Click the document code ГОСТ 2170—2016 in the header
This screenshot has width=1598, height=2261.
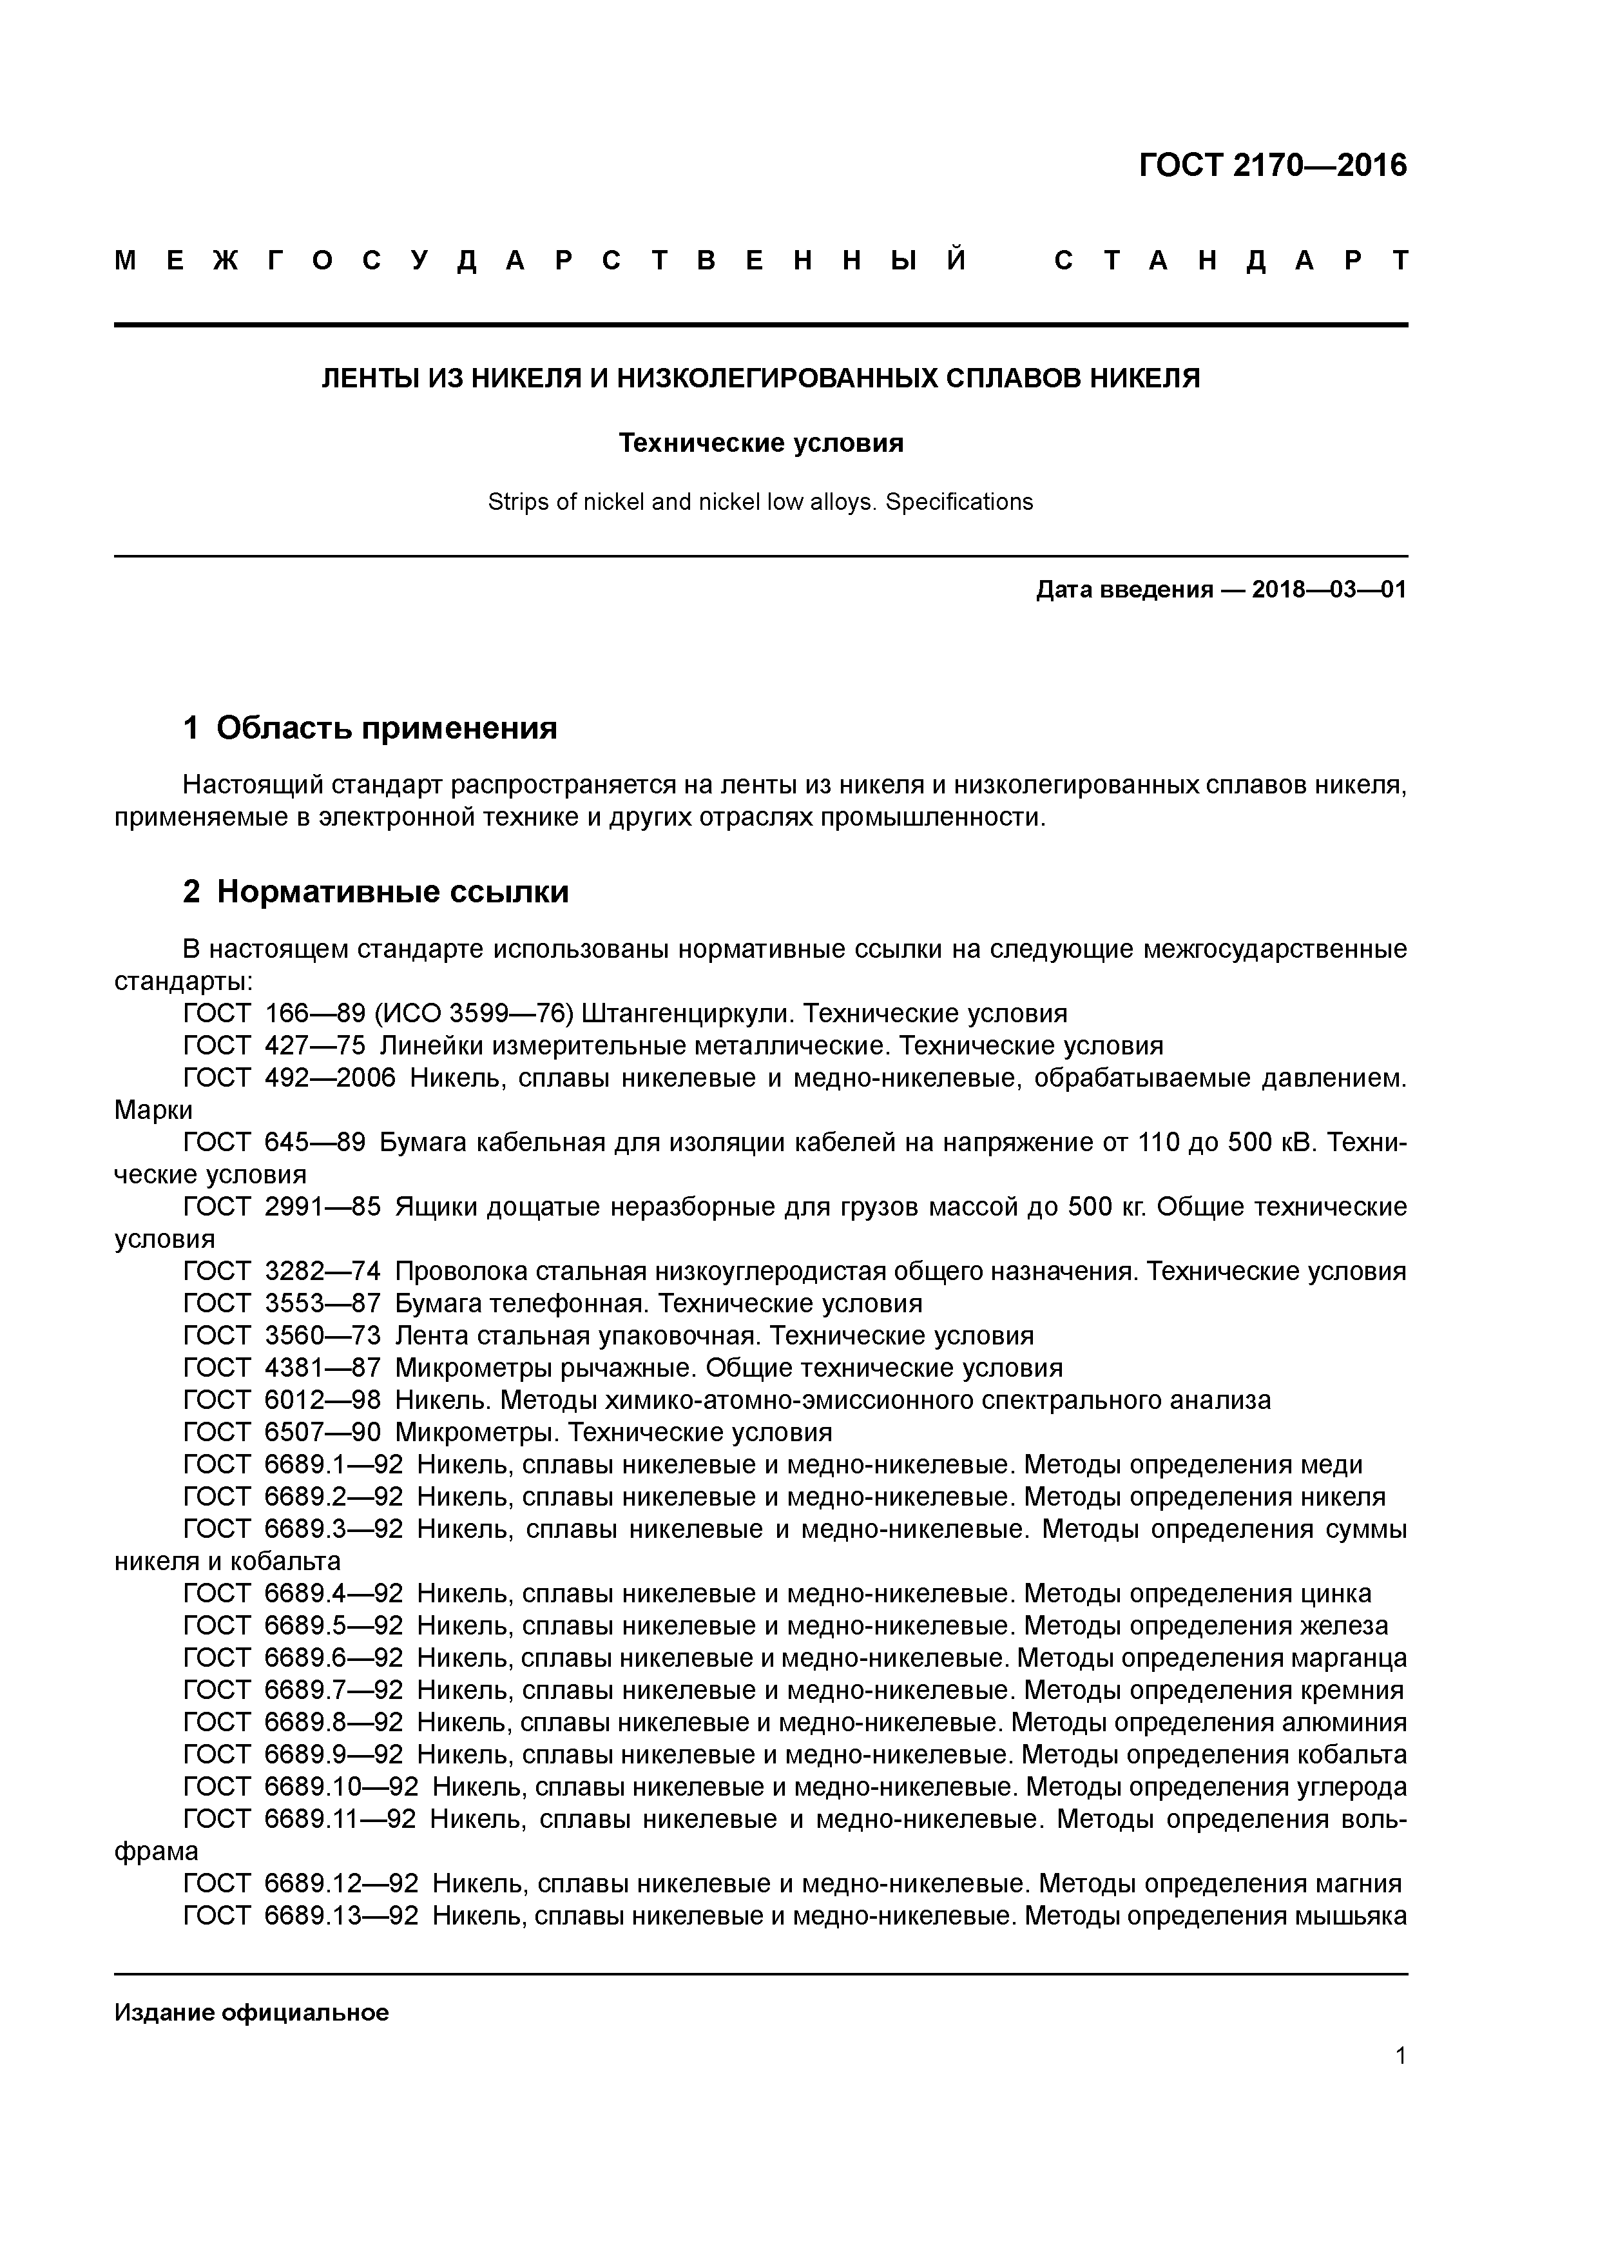[x=1272, y=166]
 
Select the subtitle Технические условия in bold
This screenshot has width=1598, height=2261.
[x=760, y=443]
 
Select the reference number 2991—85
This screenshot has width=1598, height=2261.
[x=322, y=1207]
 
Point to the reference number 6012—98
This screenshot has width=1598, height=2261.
[x=322, y=1401]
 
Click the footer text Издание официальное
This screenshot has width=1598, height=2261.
[x=251, y=2013]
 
